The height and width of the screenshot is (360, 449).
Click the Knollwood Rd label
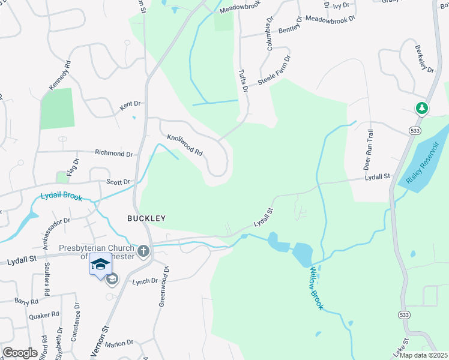pyautogui.click(x=185, y=145)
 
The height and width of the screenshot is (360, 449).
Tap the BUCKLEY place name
pyautogui.click(x=146, y=218)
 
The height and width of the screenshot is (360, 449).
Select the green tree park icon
pyautogui.click(x=423, y=108)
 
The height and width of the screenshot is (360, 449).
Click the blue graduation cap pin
pyautogui.click(x=100, y=265)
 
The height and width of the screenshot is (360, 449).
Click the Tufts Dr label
pyautogui.click(x=244, y=80)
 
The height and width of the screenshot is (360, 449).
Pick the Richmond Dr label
pyautogui.click(x=114, y=154)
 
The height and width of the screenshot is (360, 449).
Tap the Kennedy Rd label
pyautogui.click(x=60, y=75)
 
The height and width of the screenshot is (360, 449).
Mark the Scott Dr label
pyautogui.click(x=118, y=182)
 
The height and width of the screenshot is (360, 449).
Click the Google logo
pyautogui.click(x=20, y=353)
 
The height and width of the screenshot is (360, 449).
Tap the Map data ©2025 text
pyautogui.click(x=423, y=355)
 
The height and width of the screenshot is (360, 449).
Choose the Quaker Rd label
pyautogui.click(x=47, y=314)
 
